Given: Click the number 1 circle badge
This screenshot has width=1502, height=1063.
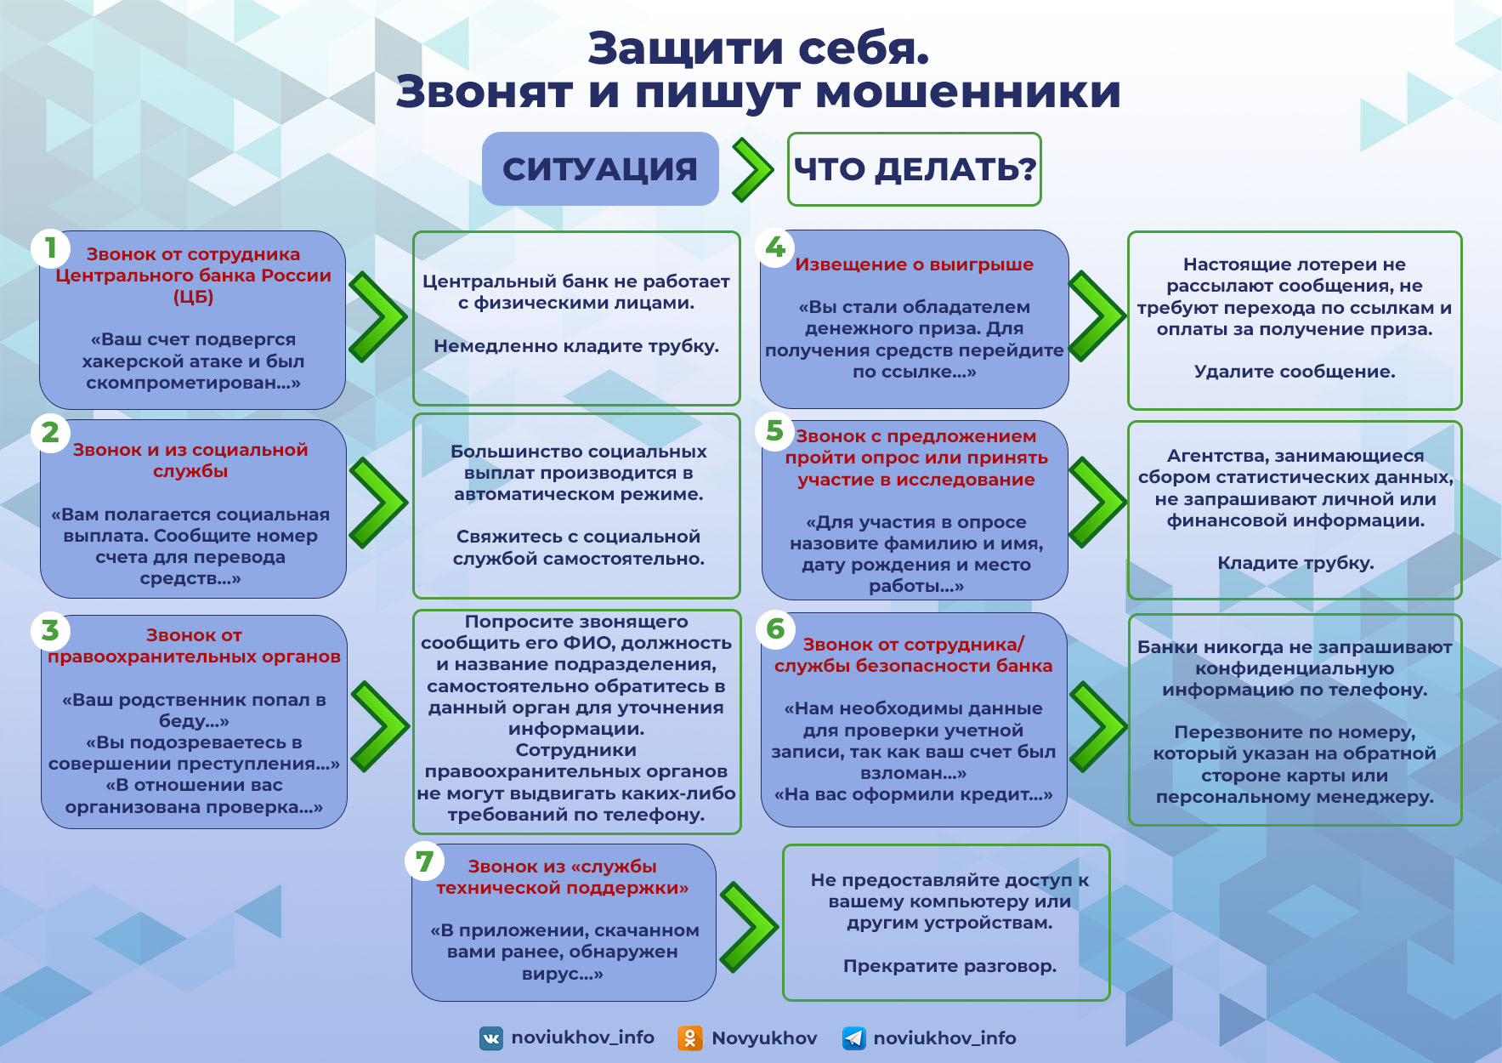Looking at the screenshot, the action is pyautogui.click(x=51, y=247).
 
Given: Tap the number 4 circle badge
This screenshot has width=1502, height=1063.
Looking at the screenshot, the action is pyautogui.click(x=775, y=247).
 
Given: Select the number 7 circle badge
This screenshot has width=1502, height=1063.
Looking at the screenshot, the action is pyautogui.click(x=424, y=861).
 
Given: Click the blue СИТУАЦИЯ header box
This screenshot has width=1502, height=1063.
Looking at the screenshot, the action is pyautogui.click(x=600, y=168).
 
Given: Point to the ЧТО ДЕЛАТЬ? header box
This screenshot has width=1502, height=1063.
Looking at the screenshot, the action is pyautogui.click(x=915, y=169).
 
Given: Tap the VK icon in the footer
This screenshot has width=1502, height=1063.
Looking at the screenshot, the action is pyautogui.click(x=491, y=1038).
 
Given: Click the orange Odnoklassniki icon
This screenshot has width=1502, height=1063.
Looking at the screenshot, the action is pyautogui.click(x=689, y=1038).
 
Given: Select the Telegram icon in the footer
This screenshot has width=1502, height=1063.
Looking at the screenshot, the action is pyautogui.click(x=853, y=1038).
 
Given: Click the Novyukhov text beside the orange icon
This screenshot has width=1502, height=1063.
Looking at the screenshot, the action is pyautogui.click(x=764, y=1038).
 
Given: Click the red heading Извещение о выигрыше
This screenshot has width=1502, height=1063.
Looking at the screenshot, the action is pyautogui.click(x=915, y=264).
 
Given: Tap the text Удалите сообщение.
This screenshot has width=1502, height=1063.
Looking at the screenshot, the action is pyautogui.click(x=1295, y=372).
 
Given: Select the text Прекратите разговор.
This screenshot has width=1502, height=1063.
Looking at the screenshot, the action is pyautogui.click(x=949, y=966).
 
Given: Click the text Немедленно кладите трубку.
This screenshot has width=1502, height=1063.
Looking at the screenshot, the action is pyautogui.click(x=576, y=346).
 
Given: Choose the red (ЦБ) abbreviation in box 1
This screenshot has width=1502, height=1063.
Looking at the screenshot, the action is pyautogui.click(x=193, y=297).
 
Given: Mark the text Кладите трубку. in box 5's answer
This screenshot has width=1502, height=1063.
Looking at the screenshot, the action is pyautogui.click(x=1295, y=563).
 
